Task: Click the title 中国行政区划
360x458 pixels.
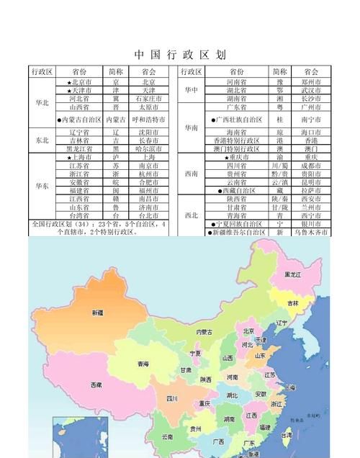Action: [180, 55]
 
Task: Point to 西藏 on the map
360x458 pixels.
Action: [96, 385]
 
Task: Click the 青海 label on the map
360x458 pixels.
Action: [142, 364]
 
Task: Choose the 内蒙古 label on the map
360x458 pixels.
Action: [204, 332]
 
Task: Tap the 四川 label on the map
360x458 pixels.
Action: [172, 398]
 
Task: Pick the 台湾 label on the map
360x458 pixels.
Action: [287, 435]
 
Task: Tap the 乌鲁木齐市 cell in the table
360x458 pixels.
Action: [311, 233]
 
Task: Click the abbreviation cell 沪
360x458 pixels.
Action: [116, 157]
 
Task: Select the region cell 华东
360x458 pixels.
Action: [42, 186]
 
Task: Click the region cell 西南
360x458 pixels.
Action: [191, 174]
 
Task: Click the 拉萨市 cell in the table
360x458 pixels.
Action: [311, 190]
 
